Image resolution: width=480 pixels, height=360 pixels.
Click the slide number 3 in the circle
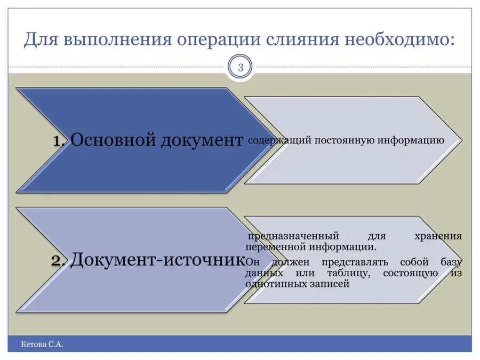[x=241, y=67]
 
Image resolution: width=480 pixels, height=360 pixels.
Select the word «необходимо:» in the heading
[x=400, y=39]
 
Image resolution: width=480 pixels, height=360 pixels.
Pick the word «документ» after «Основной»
[x=202, y=141]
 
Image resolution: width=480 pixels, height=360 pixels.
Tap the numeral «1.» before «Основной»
[x=59, y=141]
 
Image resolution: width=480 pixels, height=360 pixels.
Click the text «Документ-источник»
[x=158, y=260]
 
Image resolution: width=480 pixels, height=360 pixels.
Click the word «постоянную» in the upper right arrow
[x=345, y=140]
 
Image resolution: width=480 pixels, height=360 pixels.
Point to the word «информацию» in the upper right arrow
[x=411, y=141]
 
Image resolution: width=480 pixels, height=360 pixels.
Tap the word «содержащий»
[x=279, y=141]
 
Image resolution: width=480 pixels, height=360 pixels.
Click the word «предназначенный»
[x=293, y=236]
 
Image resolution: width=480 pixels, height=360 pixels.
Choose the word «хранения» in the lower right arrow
[x=438, y=236]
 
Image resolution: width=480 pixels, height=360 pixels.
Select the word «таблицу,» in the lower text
[x=349, y=273]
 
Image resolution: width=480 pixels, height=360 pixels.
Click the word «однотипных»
[x=276, y=284]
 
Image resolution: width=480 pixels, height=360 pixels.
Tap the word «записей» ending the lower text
[x=330, y=284]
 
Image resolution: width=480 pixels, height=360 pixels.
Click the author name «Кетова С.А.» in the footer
[x=42, y=345]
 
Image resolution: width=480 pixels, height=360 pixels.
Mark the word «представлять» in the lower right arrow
[x=355, y=262]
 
